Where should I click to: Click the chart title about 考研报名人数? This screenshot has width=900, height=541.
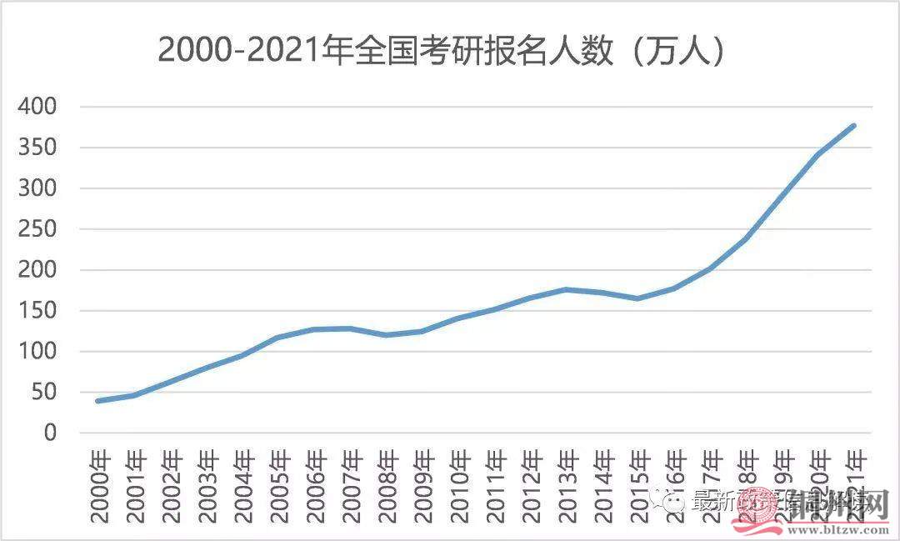441,51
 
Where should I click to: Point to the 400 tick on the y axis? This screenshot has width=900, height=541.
38,107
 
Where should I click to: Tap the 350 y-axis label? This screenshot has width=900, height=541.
38,148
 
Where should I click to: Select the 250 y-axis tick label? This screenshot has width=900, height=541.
38,229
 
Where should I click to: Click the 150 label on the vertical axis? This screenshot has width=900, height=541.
38,311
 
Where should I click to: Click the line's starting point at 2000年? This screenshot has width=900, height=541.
98,401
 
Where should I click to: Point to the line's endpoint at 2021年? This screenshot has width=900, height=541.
854,126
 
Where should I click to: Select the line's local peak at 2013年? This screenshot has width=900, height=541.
566,289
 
